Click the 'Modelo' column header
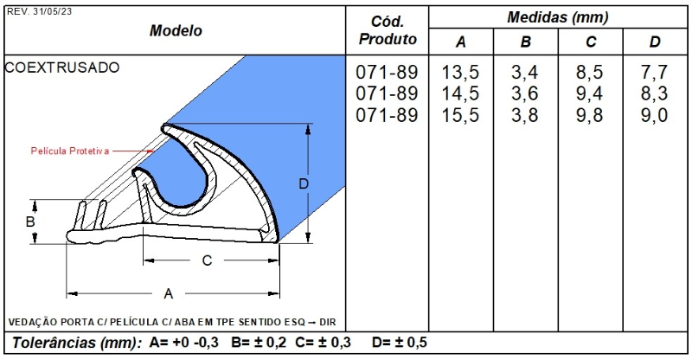(176, 30)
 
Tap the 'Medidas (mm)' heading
(558, 16)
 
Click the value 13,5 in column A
(461, 71)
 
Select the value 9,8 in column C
(591, 115)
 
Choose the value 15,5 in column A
(461, 115)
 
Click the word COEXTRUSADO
(62, 67)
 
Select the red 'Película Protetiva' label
(70, 151)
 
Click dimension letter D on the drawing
(303, 183)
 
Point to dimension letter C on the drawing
(207, 260)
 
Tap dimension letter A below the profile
(169, 293)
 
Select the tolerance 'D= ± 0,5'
(399, 342)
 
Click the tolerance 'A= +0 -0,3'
(186, 342)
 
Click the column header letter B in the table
(525, 42)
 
